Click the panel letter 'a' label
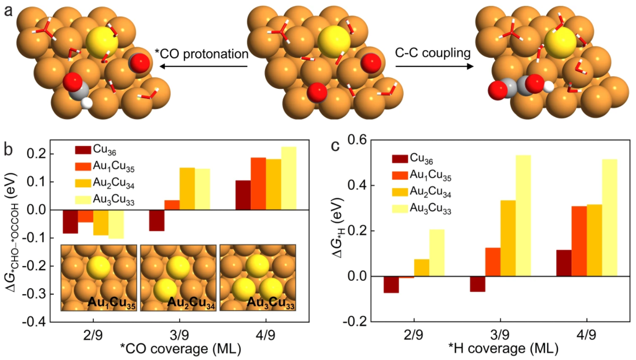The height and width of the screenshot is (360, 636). click(8, 10)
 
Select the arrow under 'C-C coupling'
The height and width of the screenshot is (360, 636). click(435, 66)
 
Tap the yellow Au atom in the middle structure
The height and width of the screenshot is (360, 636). click(334, 40)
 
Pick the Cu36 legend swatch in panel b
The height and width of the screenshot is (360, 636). click(82, 150)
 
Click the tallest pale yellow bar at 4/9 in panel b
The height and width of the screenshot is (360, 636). click(289, 178)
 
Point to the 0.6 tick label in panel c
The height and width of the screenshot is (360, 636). click(361, 141)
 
